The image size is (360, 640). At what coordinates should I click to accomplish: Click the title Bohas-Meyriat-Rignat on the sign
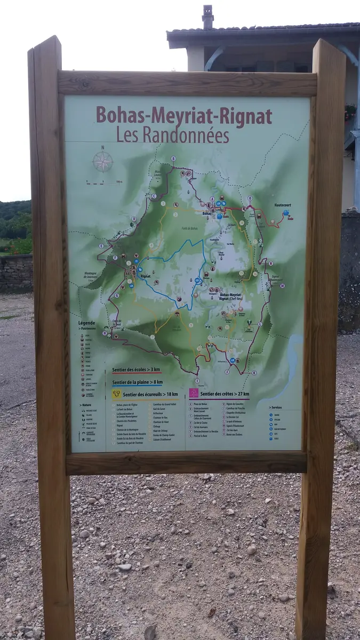[x=183, y=115]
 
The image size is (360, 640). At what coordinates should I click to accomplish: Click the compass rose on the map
[x=103, y=161]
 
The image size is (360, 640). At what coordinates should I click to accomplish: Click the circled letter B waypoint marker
[x=173, y=159]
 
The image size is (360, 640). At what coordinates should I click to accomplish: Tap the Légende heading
[x=86, y=323]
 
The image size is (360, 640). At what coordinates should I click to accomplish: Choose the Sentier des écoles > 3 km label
[x=136, y=370]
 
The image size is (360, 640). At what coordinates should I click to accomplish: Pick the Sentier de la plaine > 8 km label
[x=137, y=382]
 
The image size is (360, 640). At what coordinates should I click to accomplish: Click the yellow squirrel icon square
[x=117, y=394]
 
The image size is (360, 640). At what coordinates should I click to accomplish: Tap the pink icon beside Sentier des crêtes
[x=194, y=393]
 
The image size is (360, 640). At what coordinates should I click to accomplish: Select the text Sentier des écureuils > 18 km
[x=150, y=395]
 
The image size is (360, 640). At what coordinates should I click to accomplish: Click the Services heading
[x=276, y=407]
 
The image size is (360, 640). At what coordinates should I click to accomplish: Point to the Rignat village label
[x=145, y=276]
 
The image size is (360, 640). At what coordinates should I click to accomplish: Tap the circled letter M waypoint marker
[x=282, y=286]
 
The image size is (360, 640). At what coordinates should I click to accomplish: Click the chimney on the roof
[x=207, y=18]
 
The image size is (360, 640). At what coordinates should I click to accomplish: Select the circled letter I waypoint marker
[x=197, y=381]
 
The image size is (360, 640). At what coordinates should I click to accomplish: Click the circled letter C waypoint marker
[x=154, y=196]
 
